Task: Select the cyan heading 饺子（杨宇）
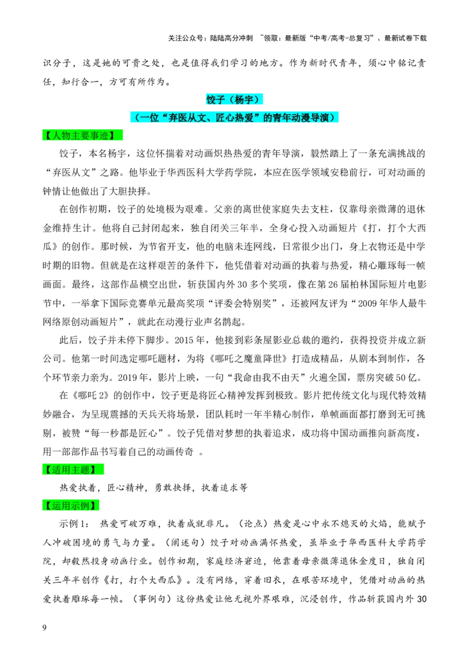click(x=235, y=100)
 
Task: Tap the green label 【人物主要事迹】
click(x=82, y=135)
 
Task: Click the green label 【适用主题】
click(x=73, y=470)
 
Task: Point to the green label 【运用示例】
click(x=70, y=505)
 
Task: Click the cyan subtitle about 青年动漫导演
click(x=235, y=117)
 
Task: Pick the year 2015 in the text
click(x=184, y=340)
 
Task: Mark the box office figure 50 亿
click(x=407, y=377)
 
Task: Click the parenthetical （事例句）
click(x=151, y=599)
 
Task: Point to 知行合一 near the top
click(x=80, y=82)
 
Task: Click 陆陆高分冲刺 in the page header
click(x=231, y=38)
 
